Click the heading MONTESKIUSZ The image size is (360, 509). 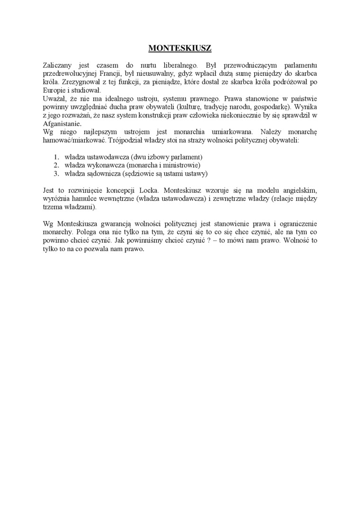[180, 48]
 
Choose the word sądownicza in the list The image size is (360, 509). [103, 174]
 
